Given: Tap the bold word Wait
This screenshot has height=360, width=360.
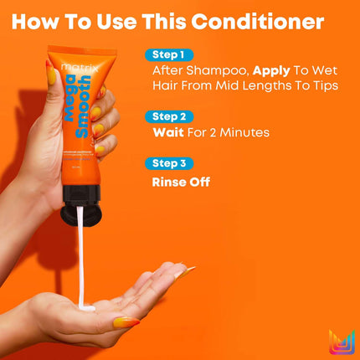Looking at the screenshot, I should (170, 132).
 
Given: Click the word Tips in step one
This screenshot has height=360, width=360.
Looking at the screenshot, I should (323, 87).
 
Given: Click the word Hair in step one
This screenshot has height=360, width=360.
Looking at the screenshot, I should (166, 87).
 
